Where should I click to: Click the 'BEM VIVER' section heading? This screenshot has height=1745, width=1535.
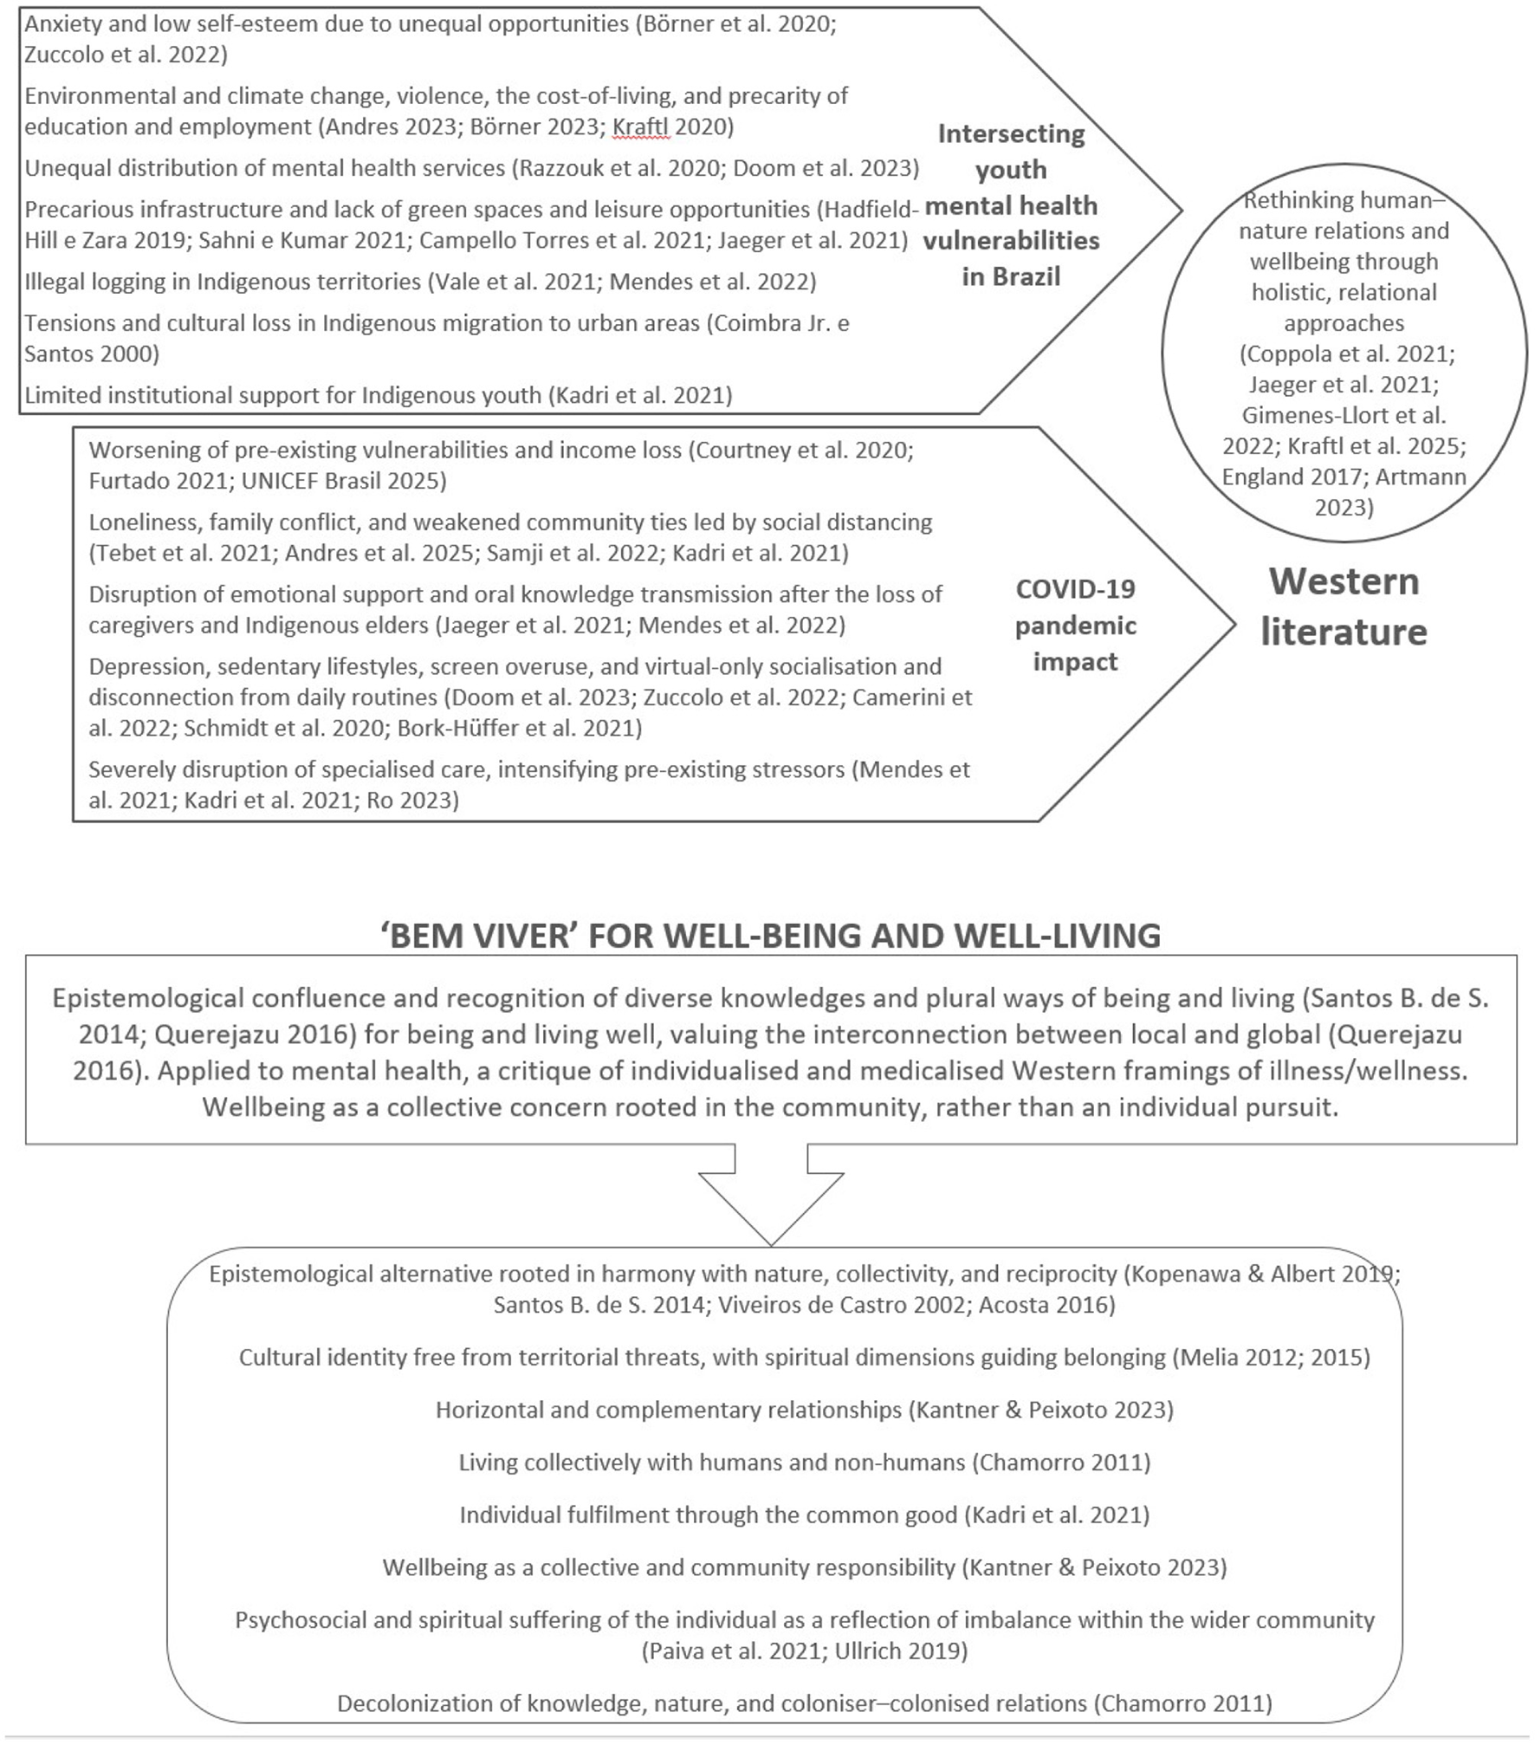tap(770, 936)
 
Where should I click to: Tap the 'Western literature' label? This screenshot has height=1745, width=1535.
tap(1344, 607)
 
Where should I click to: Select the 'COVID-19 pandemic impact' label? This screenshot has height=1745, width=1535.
tap(1075, 625)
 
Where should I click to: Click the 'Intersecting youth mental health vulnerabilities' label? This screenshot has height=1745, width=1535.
tap(1011, 205)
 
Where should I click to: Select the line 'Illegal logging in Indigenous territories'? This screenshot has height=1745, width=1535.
tap(419, 282)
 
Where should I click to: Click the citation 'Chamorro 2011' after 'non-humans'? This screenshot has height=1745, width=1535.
tap(1061, 1463)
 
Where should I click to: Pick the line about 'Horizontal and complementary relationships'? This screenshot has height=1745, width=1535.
tap(804, 1410)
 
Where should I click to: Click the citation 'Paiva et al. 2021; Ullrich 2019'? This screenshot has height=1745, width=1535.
tap(805, 1651)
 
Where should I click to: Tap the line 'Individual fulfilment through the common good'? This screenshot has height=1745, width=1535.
tap(804, 1515)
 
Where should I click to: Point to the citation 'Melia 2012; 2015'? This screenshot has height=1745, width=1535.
tap(1272, 1357)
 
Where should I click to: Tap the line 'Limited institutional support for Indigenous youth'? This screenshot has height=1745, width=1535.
tap(378, 395)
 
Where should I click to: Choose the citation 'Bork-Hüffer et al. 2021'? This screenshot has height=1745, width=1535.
tap(519, 728)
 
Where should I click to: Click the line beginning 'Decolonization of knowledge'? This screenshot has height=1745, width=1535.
tap(804, 1703)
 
